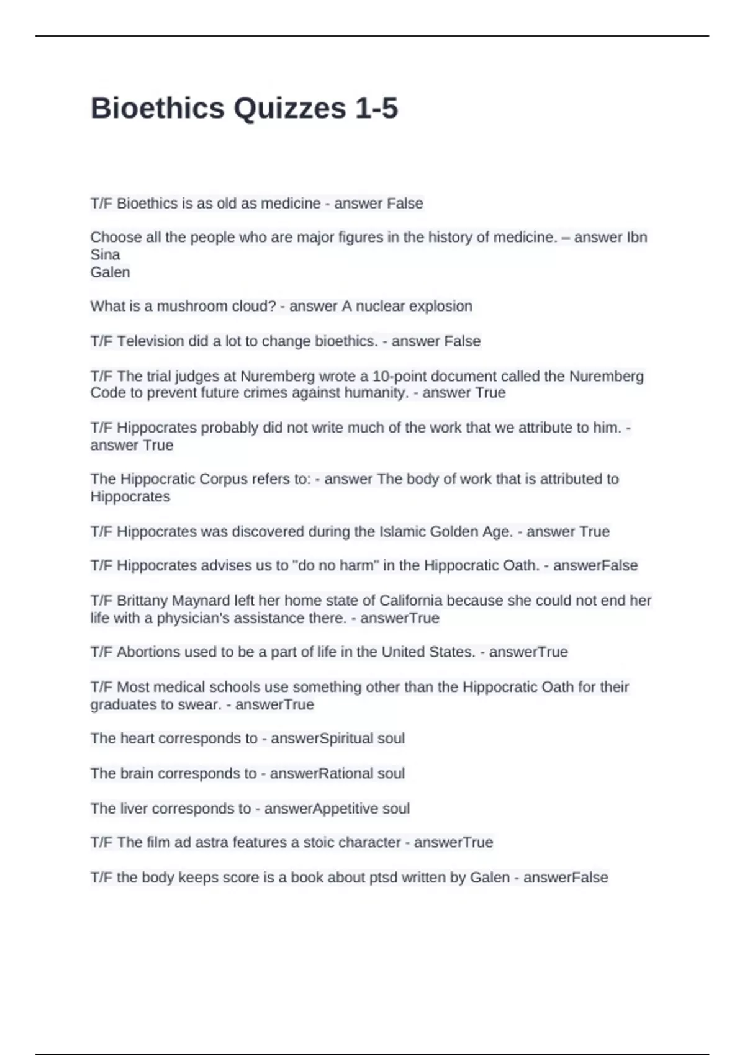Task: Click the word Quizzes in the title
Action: [289, 109]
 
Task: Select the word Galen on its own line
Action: [110, 272]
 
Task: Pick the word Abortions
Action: [147, 652]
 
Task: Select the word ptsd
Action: [383, 878]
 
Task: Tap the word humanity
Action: [377, 393]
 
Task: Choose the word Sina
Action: [105, 255]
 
